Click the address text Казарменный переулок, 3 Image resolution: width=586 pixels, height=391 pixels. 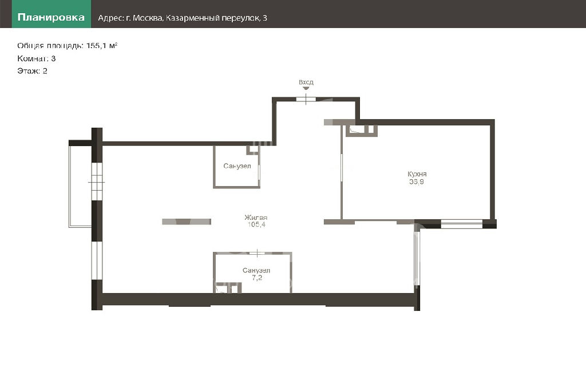tap(216, 18)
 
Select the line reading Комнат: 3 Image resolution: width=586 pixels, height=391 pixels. tap(36, 58)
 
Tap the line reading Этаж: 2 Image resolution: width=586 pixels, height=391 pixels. tap(32, 71)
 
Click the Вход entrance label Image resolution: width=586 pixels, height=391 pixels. tap(306, 82)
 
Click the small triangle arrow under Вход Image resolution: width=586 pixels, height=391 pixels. tap(306, 89)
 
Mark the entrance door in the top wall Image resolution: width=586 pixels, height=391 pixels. tap(306, 100)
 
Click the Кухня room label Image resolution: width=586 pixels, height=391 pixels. tap(417, 174)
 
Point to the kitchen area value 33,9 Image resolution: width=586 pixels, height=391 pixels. tap(417, 182)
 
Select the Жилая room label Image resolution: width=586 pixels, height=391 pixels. tap(256, 217)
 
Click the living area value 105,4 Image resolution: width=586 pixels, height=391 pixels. tap(256, 224)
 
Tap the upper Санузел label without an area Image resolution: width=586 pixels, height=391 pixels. tap(237, 166)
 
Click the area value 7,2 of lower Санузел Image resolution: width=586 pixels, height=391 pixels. tap(257, 278)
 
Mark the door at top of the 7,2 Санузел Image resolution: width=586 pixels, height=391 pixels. tap(257, 254)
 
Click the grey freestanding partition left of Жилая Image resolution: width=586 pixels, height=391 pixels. tap(187, 222)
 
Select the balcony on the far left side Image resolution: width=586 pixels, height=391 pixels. tap(80, 186)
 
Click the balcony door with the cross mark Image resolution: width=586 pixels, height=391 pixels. tap(97, 181)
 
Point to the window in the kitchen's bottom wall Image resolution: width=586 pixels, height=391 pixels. tap(462, 224)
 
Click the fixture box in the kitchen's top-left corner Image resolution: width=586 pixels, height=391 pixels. tap(362, 131)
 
